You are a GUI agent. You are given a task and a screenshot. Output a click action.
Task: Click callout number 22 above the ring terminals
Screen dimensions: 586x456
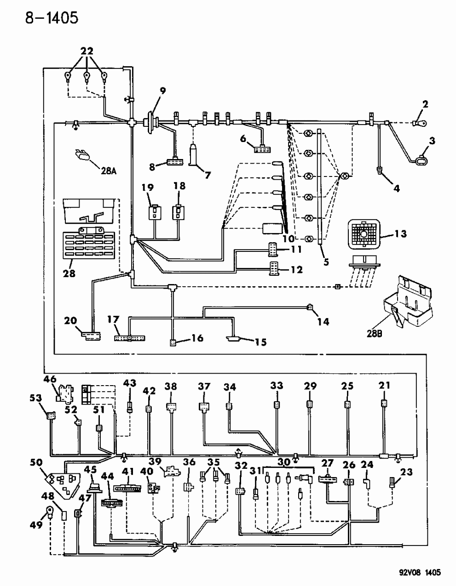pyautogui.click(x=86, y=51)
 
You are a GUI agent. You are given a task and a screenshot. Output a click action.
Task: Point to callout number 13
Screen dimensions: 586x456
pyautogui.click(x=400, y=234)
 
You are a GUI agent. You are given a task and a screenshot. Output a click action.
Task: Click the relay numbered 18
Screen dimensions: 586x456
pyautogui.click(x=178, y=212)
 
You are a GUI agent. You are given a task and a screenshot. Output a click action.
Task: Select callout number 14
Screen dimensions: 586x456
pyautogui.click(x=323, y=321)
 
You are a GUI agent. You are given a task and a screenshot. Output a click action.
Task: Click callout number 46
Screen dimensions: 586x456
pyautogui.click(x=50, y=379)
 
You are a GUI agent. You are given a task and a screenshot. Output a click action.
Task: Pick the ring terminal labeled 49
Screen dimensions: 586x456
pyautogui.click(x=49, y=510)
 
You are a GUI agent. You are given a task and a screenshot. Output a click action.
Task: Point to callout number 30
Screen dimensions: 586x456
pyautogui.click(x=284, y=462)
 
